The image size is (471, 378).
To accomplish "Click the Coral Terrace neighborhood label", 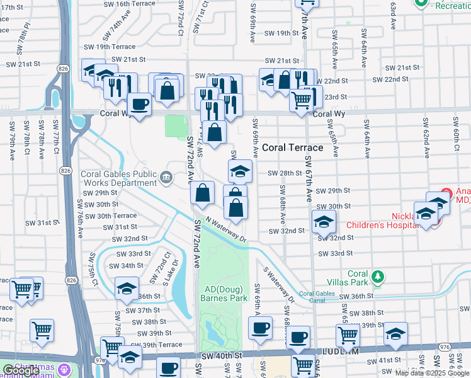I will (292, 147).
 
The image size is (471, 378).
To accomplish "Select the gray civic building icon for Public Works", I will (166, 178).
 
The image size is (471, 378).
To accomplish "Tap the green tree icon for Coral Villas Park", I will (378, 277).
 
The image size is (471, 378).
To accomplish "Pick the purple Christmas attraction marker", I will (63, 368).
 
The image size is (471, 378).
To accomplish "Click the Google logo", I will (20, 371).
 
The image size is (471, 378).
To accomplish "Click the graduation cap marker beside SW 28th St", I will (239, 171).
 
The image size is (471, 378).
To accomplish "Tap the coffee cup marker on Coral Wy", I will (139, 104).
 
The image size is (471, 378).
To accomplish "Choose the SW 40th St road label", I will (222, 356).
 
